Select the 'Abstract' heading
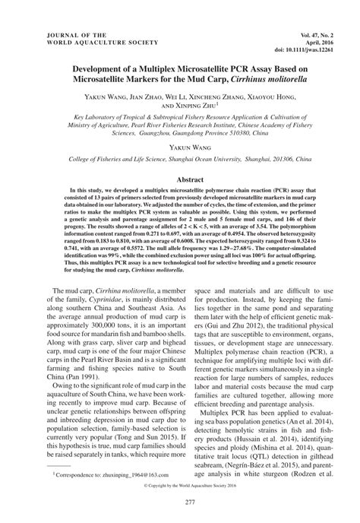pyautogui.click(x=180, y=173)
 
